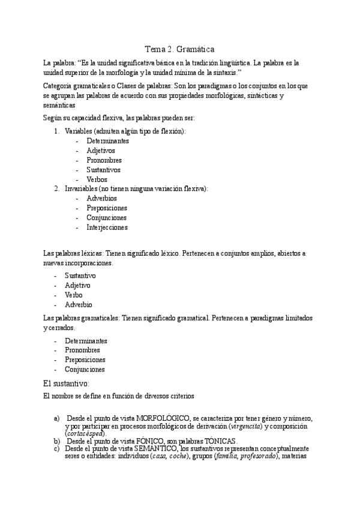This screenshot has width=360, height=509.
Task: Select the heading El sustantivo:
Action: [x=67, y=383]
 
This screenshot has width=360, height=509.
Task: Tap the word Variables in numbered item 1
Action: [x=78, y=131]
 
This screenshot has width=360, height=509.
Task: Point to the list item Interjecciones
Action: [x=107, y=227]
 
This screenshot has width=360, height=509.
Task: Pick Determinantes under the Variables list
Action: [x=107, y=140]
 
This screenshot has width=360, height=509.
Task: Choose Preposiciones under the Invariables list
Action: [x=107, y=208]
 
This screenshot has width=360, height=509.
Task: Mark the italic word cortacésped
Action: [x=85, y=433]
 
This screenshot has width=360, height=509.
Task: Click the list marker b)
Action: [x=57, y=441]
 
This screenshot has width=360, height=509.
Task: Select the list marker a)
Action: [x=57, y=417]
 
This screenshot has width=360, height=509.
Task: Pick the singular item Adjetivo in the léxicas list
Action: [x=79, y=285]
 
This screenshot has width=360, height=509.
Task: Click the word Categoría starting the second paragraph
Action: [x=59, y=86]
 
